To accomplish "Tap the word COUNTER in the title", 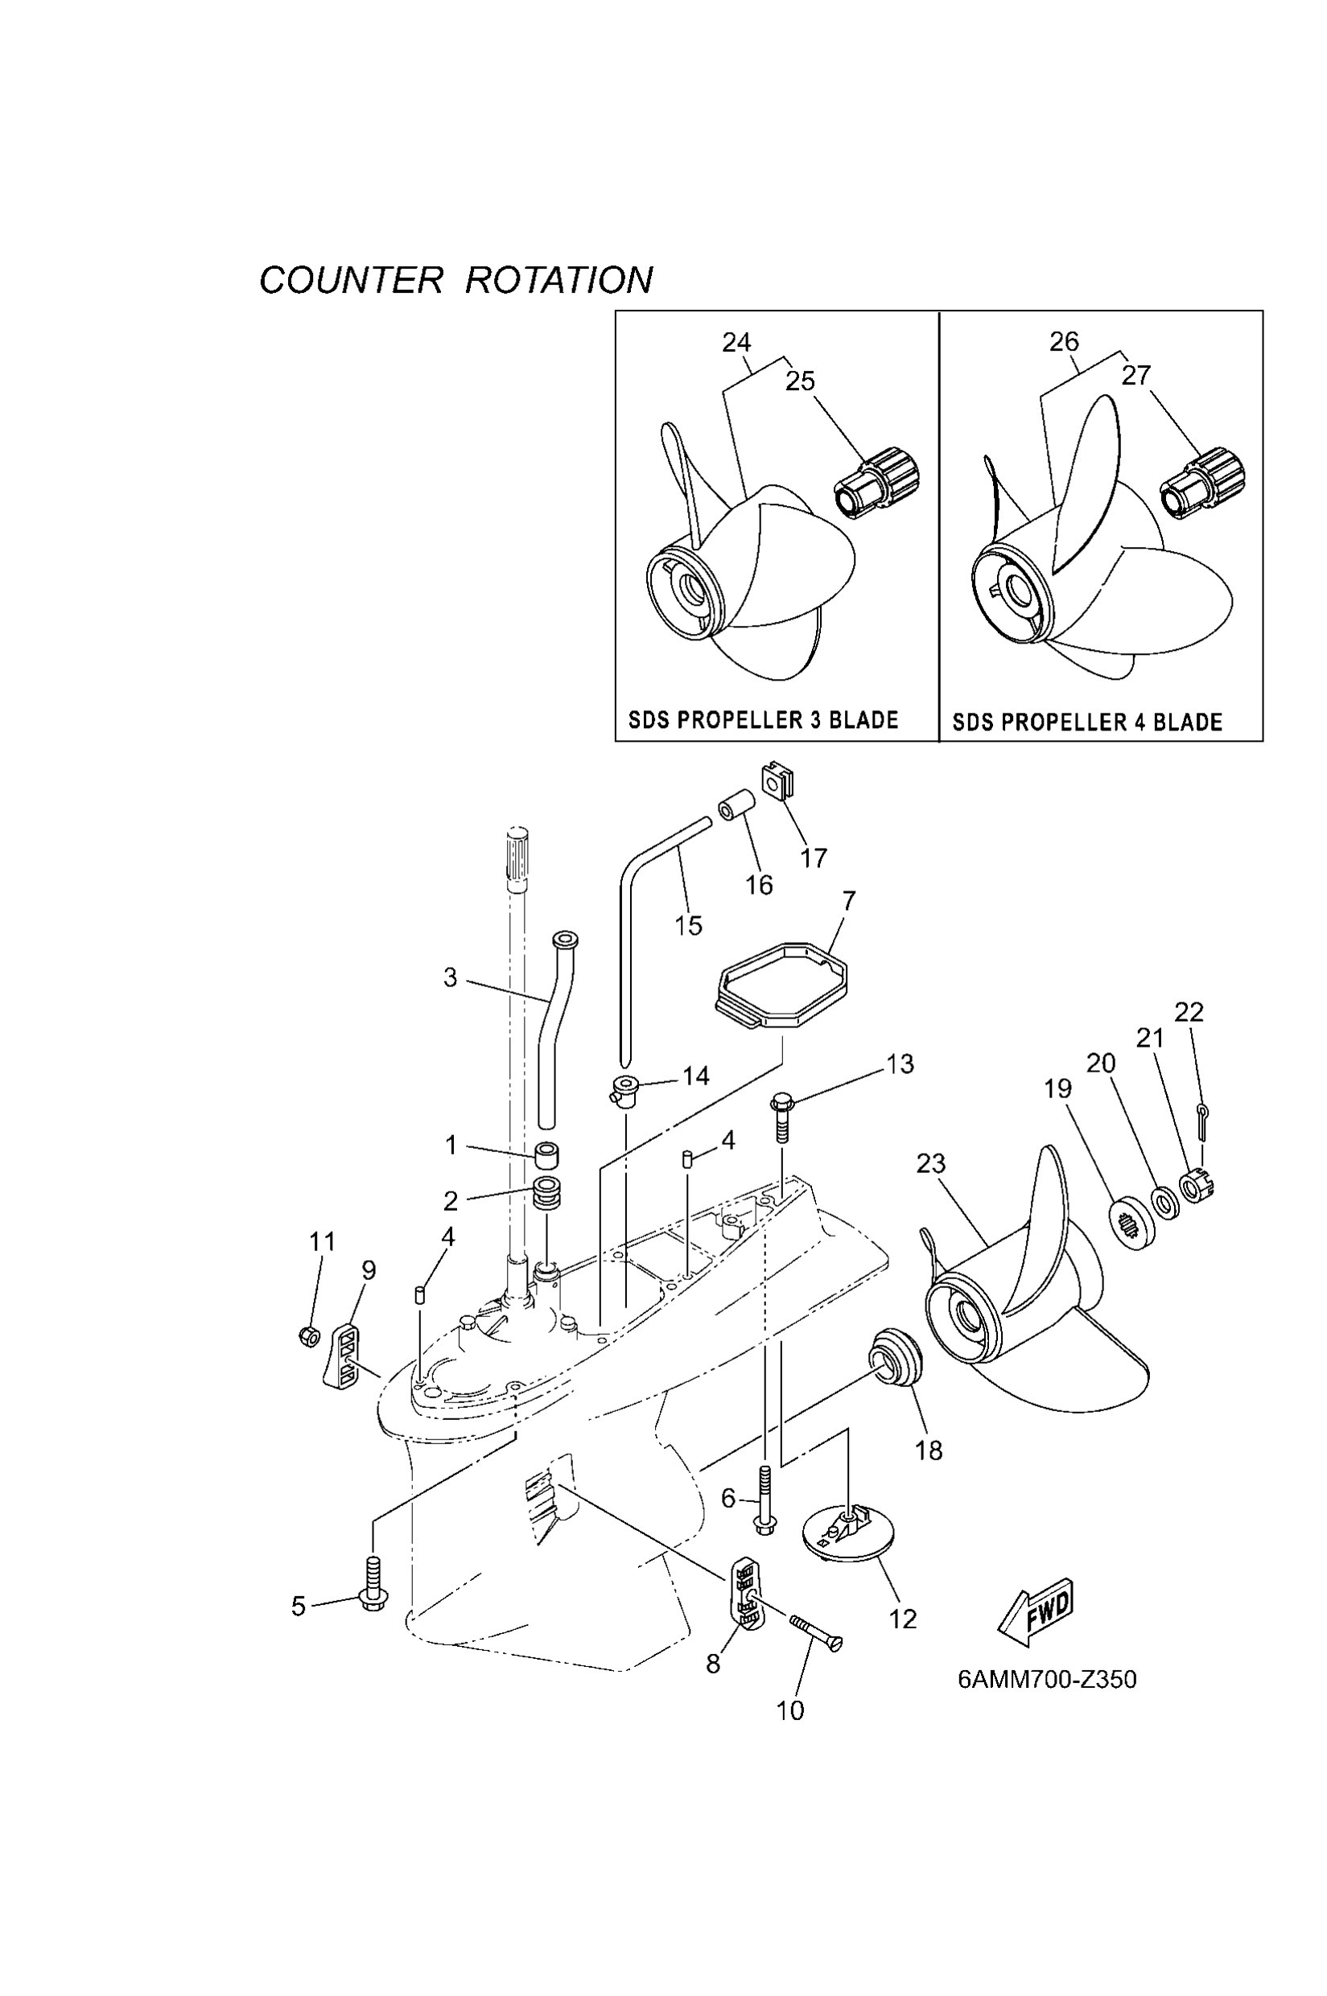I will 350,280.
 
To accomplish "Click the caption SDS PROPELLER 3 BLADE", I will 763,720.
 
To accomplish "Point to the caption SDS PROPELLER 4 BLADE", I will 1087,722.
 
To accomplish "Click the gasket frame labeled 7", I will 781,985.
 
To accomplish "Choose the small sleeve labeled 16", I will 738,805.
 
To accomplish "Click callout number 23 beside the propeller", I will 930,1163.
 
